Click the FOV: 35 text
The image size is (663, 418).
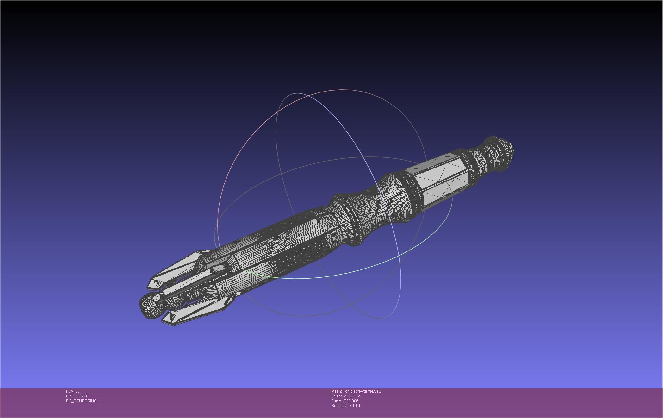tap(73, 391)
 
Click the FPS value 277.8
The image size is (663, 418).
tap(82, 396)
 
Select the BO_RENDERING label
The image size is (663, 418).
tap(81, 401)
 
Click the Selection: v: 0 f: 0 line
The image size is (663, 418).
tap(346, 406)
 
